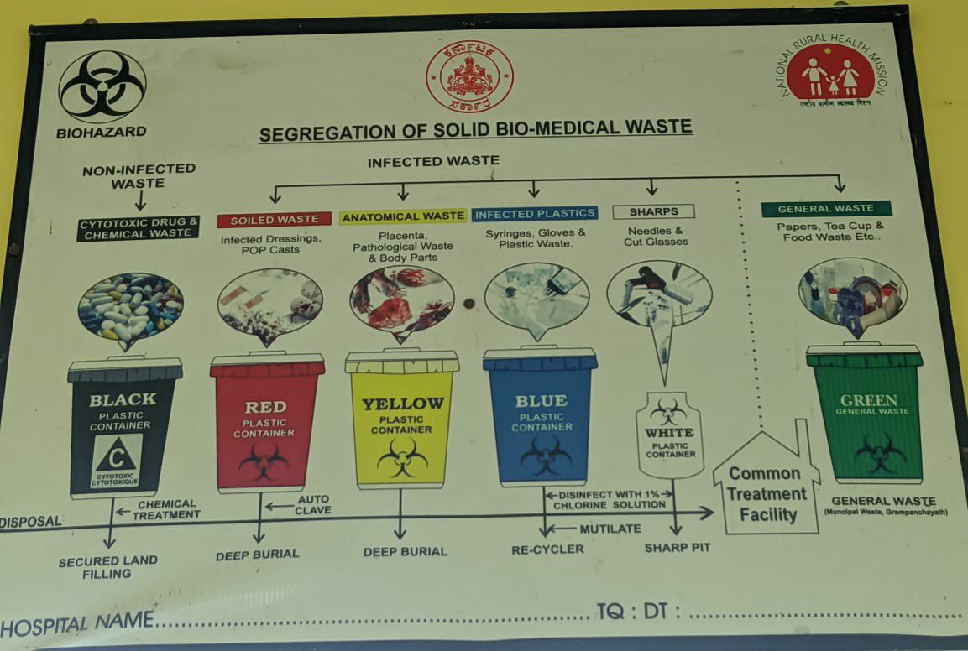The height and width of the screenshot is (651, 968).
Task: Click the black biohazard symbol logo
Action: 102,86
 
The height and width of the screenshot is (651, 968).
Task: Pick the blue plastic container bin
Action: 540,417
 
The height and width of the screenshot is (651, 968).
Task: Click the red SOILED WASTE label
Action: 275,220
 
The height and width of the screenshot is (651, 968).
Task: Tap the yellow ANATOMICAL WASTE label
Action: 403,216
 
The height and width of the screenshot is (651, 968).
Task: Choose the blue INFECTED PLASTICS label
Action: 535,214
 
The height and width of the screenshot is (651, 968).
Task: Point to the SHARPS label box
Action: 654,211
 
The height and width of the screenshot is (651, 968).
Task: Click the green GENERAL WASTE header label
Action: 826,209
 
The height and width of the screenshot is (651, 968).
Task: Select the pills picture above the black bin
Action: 129,307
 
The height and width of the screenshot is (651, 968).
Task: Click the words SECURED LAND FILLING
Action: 107,567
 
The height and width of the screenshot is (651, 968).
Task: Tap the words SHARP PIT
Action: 678,548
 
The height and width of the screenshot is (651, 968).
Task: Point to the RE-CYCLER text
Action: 547,549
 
